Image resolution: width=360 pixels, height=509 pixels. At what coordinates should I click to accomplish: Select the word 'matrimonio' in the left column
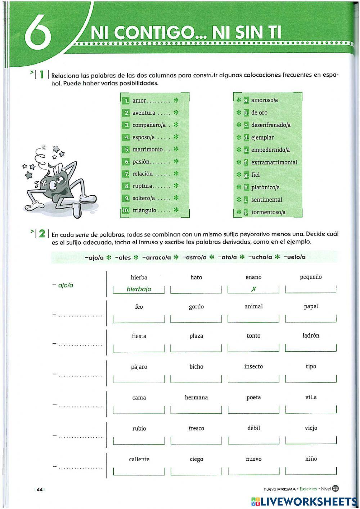148,149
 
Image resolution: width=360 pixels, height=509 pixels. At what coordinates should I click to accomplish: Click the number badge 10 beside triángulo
125,210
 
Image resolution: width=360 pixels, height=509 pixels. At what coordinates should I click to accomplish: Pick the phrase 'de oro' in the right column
259,113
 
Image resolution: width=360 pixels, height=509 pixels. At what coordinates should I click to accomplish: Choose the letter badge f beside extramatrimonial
246,162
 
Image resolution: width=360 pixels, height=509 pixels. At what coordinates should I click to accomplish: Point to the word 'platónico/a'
265,187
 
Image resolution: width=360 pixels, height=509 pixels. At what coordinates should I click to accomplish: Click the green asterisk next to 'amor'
176,101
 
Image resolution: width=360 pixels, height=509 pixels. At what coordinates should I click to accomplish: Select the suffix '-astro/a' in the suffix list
194,257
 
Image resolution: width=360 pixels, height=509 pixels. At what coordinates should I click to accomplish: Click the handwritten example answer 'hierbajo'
139,289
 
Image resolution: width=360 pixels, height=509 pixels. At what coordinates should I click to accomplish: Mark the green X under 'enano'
253,289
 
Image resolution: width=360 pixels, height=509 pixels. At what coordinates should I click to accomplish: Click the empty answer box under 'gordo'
196,318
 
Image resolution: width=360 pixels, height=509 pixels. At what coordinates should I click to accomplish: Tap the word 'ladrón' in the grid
311,335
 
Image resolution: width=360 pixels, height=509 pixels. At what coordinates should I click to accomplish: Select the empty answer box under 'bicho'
196,379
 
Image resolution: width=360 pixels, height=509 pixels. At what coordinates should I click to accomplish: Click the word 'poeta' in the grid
253,397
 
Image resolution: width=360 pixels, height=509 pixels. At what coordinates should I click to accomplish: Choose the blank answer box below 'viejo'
311,440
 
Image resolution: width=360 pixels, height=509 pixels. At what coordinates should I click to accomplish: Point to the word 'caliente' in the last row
139,459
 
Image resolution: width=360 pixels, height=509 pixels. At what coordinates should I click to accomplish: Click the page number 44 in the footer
40,489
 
